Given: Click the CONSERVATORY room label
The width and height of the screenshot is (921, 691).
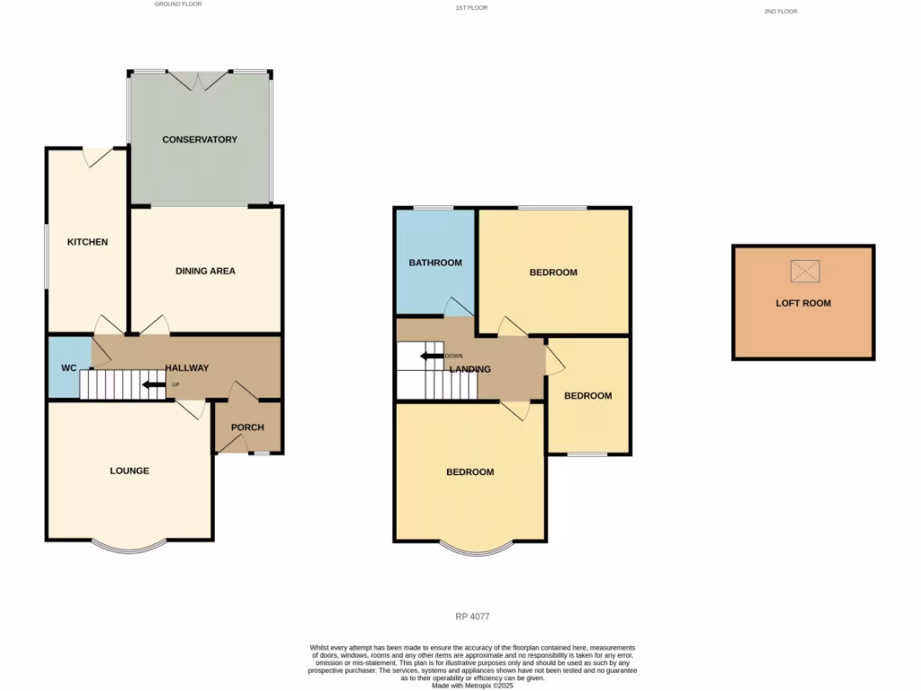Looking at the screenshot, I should (200, 139).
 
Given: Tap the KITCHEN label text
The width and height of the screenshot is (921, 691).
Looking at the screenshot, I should (87, 242).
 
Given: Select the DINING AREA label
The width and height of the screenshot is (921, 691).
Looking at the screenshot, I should (205, 271).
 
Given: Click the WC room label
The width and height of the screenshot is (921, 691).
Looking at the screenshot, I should (69, 369).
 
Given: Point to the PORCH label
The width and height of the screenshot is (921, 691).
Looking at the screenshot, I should (247, 427).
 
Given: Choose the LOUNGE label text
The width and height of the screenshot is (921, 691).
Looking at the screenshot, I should (130, 471).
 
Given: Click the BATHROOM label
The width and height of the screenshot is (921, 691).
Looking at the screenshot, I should (435, 263).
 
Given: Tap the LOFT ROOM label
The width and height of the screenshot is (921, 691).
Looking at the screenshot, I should (803, 303).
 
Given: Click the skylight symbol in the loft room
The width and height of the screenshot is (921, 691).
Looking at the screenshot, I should (805, 270).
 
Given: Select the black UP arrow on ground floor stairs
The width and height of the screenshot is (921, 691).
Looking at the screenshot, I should (154, 386).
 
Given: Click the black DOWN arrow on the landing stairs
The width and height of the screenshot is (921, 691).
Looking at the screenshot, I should (431, 356).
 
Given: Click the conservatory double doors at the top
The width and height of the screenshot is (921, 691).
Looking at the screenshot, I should (200, 80).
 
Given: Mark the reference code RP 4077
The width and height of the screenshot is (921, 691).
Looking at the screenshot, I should (472, 616).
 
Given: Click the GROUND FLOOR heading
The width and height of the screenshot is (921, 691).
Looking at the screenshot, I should (178, 4).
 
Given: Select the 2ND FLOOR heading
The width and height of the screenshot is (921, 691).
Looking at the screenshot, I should (780, 12).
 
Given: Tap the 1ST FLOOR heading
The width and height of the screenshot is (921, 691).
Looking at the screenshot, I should (472, 8).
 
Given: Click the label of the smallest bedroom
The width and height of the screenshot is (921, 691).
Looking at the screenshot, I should (588, 396).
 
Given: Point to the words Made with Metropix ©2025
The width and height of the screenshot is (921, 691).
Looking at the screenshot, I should (472, 685).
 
